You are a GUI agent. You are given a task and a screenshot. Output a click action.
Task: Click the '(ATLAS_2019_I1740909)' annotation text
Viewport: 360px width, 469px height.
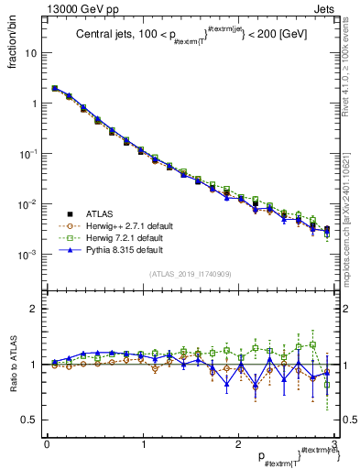click(x=189, y=274)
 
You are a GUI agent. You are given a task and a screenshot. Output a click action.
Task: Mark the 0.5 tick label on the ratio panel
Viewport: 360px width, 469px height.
click(x=30, y=420)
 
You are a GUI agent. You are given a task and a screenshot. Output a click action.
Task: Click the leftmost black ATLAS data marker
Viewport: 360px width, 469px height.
click(x=55, y=89)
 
